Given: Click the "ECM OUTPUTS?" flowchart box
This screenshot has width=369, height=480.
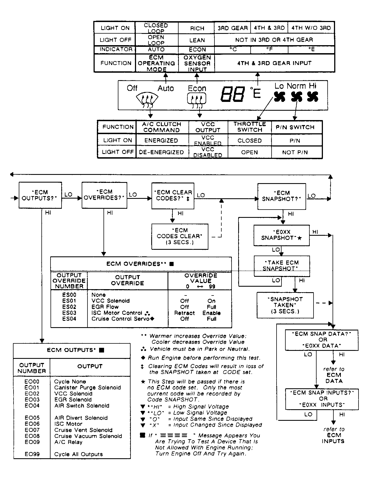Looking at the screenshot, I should tap(40, 195).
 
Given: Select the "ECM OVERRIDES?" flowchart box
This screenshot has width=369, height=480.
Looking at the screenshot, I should tap(104, 195).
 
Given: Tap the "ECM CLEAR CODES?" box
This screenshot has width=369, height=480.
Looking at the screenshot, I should tap(173, 195).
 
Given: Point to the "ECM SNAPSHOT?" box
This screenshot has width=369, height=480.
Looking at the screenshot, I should tap(282, 196).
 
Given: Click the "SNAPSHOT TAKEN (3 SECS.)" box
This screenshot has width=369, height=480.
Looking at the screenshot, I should tap(285, 305).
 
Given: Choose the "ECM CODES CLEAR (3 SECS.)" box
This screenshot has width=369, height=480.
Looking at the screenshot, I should tap(180, 236).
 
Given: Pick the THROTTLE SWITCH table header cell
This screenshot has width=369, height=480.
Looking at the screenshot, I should tap(249, 127).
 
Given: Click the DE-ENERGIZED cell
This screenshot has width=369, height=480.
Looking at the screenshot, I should tap(161, 152).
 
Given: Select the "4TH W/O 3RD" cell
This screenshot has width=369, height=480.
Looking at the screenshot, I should tap(311, 28).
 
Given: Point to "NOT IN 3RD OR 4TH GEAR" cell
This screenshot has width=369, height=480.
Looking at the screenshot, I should tap(274, 40).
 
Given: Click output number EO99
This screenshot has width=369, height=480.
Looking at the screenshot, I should tap(32, 454).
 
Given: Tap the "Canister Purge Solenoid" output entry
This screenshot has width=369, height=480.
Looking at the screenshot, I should tap(87, 387).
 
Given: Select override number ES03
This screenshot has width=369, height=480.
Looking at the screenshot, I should tap(69, 313).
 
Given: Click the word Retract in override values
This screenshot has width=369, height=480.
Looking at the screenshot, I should tap(184, 313).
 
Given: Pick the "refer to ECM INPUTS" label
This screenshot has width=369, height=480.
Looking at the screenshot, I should tap(334, 435).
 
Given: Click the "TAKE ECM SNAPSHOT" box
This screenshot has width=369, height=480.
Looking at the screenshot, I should tap(282, 266).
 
